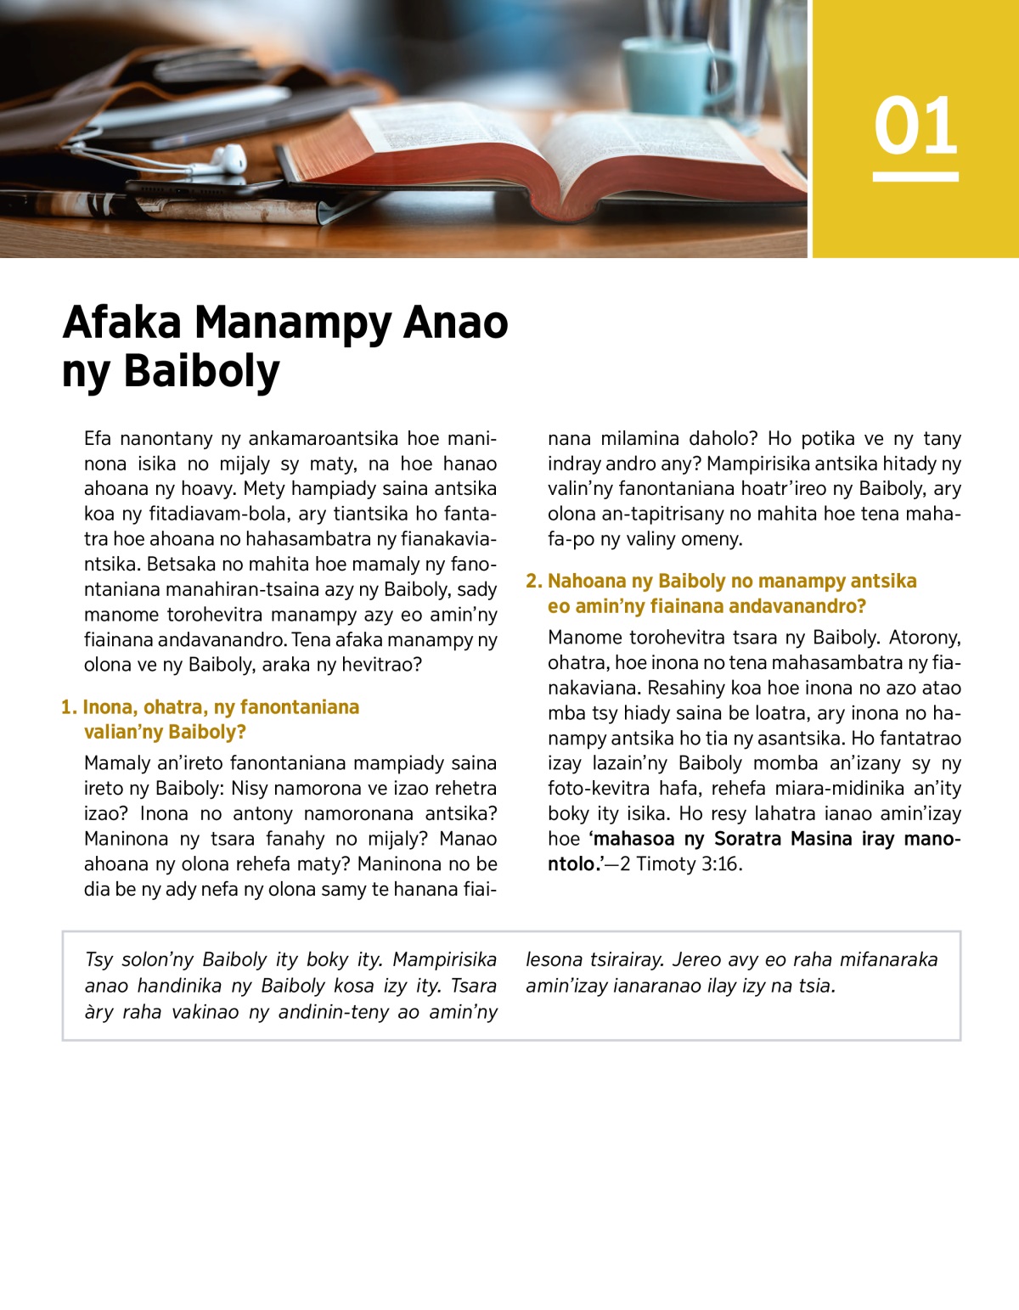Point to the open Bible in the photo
(543, 153)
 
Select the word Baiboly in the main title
(201, 372)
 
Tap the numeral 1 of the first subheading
(67, 707)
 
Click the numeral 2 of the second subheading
(532, 582)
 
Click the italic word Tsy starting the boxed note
(99, 960)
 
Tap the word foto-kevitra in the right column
(598, 789)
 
